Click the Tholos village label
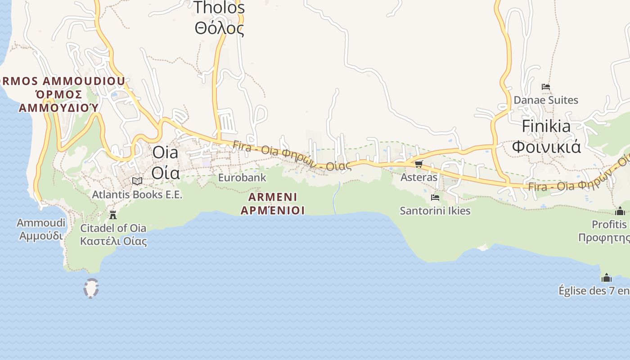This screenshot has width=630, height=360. click(220, 18)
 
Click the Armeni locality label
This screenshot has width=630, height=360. click(273, 203)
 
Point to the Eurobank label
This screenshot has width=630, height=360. click(242, 178)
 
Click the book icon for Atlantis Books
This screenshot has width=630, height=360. click(137, 181)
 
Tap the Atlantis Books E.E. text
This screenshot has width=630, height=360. click(137, 195)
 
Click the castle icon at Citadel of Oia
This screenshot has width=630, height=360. click(113, 215)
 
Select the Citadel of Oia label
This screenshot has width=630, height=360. click(113, 234)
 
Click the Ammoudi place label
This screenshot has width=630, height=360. click(41, 229)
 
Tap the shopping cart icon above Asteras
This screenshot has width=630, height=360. click(419, 164)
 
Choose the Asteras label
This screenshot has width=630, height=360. click(419, 177)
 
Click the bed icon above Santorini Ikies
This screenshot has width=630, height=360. click(435, 197)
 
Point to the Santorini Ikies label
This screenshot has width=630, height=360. click(435, 211)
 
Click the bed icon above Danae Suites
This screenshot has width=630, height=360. click(546, 86)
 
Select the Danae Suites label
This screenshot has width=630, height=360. click(546, 100)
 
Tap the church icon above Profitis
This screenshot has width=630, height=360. click(620, 211)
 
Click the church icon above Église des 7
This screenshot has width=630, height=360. click(607, 278)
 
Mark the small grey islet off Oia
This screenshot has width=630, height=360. click(91, 288)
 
